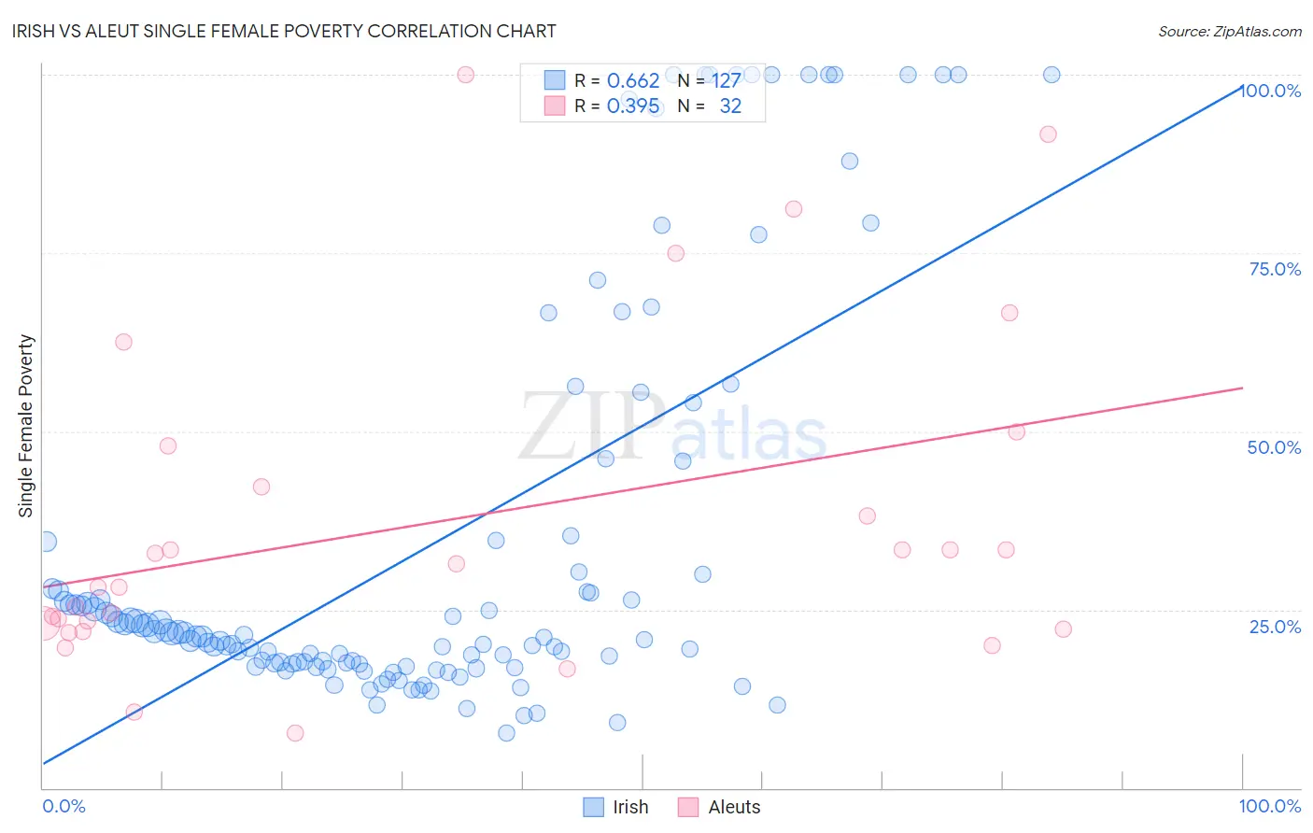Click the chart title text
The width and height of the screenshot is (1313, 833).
click(284, 32)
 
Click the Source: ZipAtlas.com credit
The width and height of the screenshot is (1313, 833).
click(1229, 32)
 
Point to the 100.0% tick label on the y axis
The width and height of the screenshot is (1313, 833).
click(1271, 91)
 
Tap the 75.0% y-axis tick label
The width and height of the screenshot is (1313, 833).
click(1275, 269)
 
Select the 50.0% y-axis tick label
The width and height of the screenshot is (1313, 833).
click(1274, 447)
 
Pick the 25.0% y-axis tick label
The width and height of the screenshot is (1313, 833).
click(1275, 626)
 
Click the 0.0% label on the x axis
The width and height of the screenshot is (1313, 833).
click(64, 806)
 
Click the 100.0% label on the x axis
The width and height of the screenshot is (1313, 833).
click(1269, 806)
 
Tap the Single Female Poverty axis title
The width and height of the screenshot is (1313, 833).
click(26, 426)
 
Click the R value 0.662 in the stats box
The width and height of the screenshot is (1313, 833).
click(633, 81)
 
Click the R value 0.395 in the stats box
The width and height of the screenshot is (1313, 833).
click(633, 106)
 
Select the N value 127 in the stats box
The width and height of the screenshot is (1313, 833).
click(727, 81)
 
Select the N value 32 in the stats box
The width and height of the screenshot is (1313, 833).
click(730, 106)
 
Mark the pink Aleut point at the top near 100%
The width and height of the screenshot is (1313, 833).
click(466, 75)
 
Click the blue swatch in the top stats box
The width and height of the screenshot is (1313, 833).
click(555, 81)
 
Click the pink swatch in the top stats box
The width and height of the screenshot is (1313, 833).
click(555, 106)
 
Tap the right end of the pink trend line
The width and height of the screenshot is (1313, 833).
click(1242, 388)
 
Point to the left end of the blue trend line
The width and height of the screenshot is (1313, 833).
click(43, 763)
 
